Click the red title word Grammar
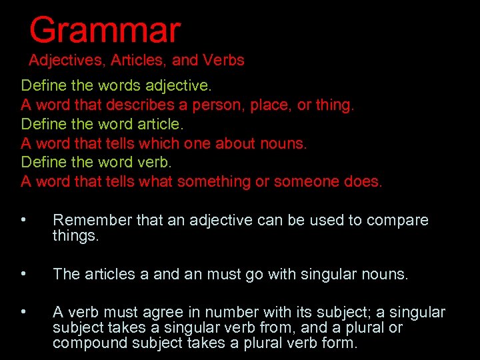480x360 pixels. (105, 31)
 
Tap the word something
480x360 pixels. (219, 181)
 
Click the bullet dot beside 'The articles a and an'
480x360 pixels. (23, 274)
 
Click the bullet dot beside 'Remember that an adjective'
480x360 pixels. (23, 220)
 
